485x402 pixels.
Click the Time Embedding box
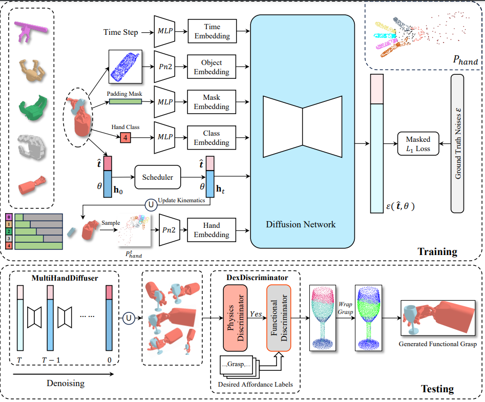coord(212,31)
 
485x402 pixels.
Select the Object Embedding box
coord(212,68)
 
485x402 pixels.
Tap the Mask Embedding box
coord(212,102)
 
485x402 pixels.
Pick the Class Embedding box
coord(212,137)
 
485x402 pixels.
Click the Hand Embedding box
coord(212,230)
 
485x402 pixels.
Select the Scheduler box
coord(158,178)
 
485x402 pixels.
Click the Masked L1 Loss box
coord(418,144)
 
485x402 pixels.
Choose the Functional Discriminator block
coord(279,317)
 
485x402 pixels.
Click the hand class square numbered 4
coord(125,137)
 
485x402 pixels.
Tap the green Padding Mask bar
coord(125,102)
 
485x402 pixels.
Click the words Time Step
coord(121,32)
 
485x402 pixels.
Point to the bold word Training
coord(437,251)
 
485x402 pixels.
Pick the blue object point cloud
coord(125,66)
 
